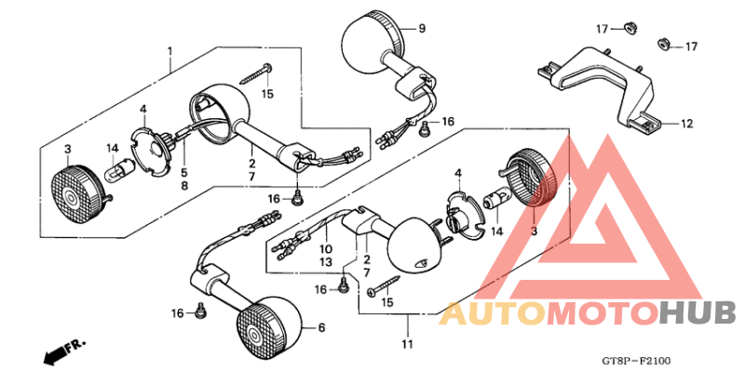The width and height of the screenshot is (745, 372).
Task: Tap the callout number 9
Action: click(x=421, y=29)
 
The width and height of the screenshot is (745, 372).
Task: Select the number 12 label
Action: click(x=686, y=123)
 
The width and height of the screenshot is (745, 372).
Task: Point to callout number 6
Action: click(x=321, y=327)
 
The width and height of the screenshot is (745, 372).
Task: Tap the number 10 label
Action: click(x=327, y=250)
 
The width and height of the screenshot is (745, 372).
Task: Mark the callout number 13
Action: click(x=327, y=263)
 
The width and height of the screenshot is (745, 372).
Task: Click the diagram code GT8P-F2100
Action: click(x=635, y=360)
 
